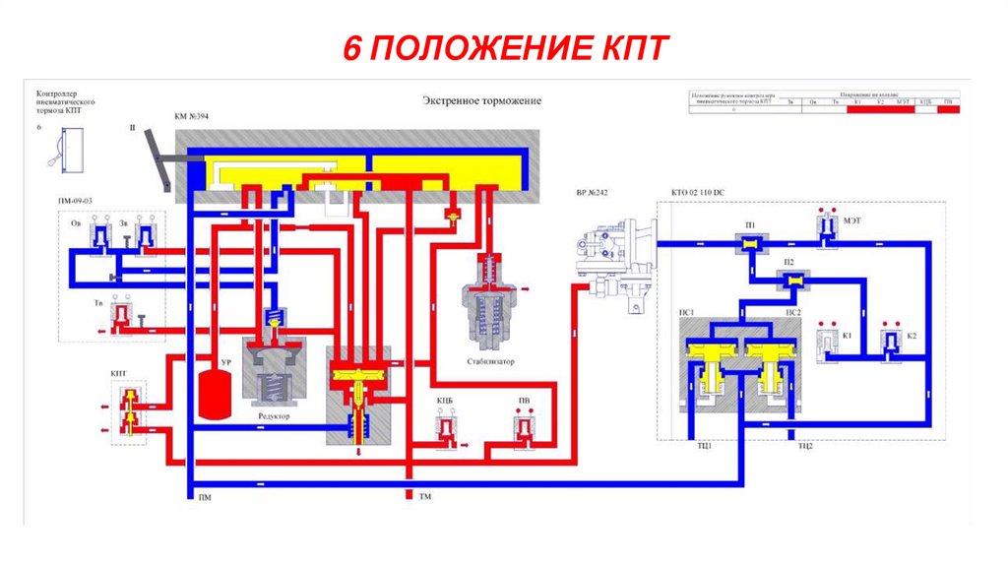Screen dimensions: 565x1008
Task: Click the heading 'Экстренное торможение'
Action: click(x=481, y=101)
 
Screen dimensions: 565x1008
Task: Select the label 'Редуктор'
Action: click(x=274, y=416)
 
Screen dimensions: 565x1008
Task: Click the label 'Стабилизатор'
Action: click(x=491, y=361)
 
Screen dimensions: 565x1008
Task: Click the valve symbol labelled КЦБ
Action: click(x=447, y=429)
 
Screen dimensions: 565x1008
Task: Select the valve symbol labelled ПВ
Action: click(x=524, y=429)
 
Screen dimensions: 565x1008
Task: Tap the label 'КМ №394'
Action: click(x=193, y=116)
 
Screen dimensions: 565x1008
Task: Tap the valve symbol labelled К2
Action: click(x=892, y=342)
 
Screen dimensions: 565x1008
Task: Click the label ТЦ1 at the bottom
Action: click(x=703, y=446)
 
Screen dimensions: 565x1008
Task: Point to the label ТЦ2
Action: click(x=804, y=446)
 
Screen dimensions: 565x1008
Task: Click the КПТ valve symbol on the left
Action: click(x=128, y=410)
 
